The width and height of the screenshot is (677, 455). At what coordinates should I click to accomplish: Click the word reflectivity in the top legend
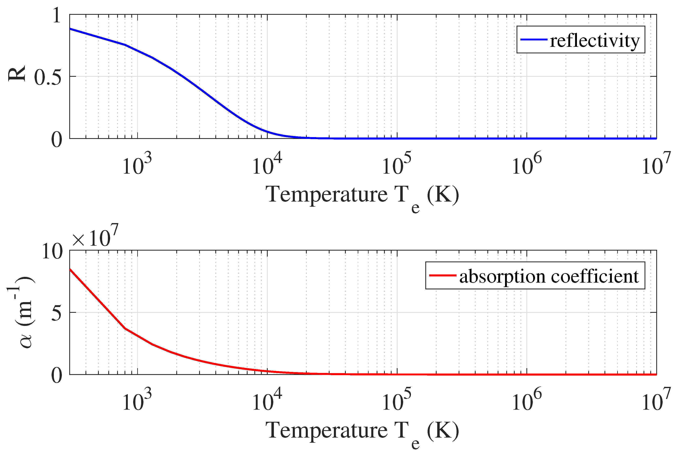[595, 41]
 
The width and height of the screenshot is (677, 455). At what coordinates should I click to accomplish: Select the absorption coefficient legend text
[549, 276]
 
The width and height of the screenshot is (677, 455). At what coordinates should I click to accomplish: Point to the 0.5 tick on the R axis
[48, 78]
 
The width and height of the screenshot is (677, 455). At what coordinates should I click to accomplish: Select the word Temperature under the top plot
[326, 194]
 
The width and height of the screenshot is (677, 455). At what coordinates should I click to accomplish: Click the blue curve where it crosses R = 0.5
[183, 76]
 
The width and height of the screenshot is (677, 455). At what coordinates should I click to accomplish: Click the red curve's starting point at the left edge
[70, 269]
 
